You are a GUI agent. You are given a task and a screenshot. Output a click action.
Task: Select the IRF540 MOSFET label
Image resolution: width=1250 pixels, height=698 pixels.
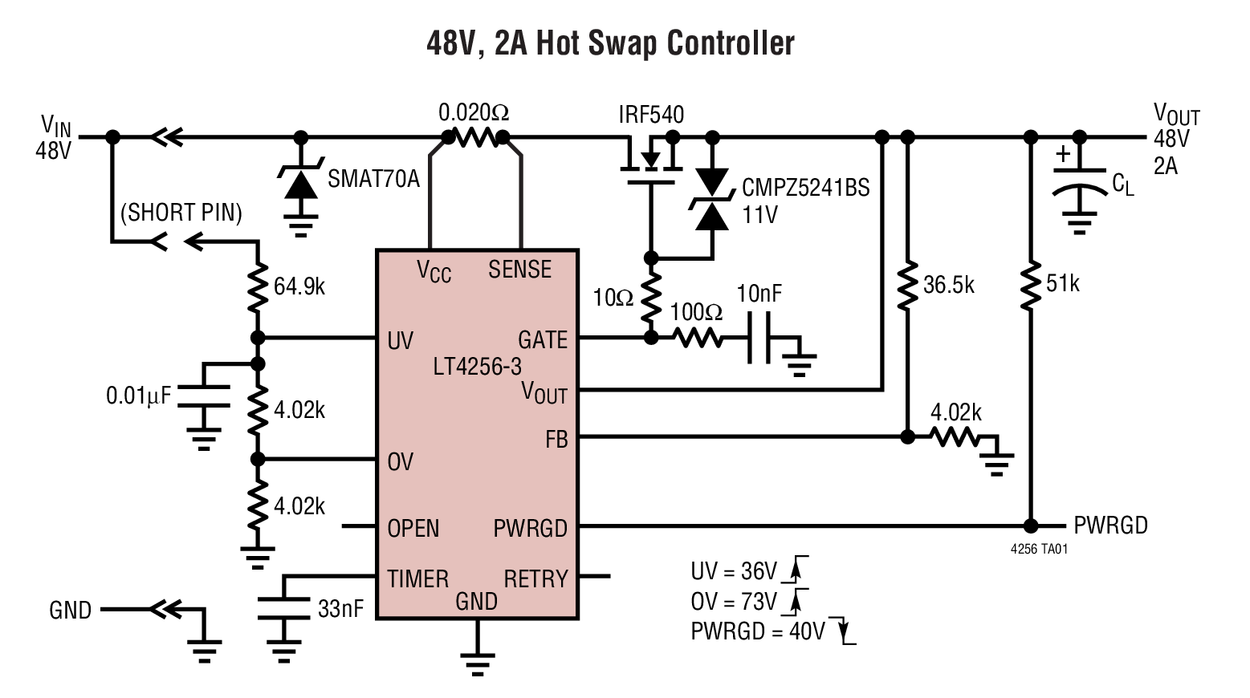click(650, 115)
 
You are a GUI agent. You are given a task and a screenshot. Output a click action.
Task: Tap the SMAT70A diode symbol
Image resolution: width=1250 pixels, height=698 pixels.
click(301, 184)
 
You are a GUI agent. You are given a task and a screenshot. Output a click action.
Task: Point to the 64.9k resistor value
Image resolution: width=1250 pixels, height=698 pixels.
click(299, 286)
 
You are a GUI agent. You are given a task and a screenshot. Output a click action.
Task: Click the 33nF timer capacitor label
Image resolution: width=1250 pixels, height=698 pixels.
click(340, 609)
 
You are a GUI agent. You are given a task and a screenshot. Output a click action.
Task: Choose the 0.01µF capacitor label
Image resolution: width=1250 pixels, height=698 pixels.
click(138, 396)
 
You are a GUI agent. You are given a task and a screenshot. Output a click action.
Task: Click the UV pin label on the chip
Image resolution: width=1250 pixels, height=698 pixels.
click(400, 341)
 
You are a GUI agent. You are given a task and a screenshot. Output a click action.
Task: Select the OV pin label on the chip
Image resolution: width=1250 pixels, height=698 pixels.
click(400, 462)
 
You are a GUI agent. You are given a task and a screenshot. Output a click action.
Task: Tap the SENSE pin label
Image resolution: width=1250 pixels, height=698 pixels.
click(519, 270)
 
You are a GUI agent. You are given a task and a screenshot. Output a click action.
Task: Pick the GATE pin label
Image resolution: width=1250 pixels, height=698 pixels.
click(542, 340)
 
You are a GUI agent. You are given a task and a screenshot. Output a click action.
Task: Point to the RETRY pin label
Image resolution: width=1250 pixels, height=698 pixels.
click(535, 578)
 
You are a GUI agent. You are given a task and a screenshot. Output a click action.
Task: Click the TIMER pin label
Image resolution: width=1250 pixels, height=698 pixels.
click(417, 578)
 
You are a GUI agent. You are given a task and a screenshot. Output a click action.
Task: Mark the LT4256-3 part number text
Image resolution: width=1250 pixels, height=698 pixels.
click(477, 367)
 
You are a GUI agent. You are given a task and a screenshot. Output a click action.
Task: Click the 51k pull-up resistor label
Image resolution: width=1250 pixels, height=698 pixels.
click(1062, 283)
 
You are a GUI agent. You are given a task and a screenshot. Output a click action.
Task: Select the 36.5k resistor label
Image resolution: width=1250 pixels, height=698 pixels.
click(948, 285)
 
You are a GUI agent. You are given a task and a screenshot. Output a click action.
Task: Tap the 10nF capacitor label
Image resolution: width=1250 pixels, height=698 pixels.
click(759, 294)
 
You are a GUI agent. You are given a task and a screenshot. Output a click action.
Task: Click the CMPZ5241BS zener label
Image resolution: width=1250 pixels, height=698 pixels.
click(805, 188)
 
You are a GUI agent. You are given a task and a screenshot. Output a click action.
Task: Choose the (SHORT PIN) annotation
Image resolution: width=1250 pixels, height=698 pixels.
click(181, 213)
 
